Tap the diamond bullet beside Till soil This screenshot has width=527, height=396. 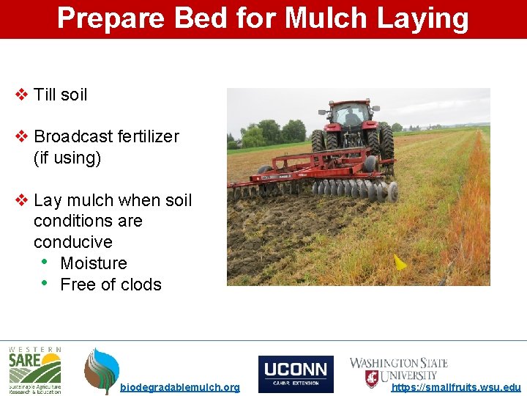[22, 95]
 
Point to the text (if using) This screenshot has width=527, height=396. [67, 158]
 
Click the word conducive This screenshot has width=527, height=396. [73, 242]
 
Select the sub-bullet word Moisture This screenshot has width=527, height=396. [94, 263]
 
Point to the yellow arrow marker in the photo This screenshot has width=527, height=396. [400, 262]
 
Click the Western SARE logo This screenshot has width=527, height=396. [34, 370]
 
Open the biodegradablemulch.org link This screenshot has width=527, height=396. [179, 387]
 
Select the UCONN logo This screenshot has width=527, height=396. [296, 374]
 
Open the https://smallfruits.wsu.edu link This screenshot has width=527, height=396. [456, 387]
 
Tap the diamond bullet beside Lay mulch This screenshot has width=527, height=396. [22, 200]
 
